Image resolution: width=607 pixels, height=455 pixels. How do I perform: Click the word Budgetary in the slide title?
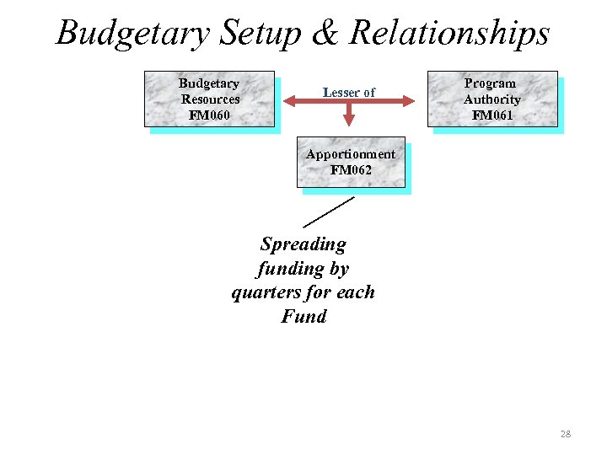pos(133,35)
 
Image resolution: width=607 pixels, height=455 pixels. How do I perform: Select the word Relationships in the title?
pos(449,35)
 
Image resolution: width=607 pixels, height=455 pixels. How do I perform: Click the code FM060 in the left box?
pos(209,115)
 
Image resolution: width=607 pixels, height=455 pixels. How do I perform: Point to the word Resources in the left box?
pos(210,99)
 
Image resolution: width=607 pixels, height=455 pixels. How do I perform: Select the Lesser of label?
pos(348,92)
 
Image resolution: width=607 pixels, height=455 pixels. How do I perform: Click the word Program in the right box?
pos(490,83)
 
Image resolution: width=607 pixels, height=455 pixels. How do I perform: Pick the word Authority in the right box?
pos(492,99)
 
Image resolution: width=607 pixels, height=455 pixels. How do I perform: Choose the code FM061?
pos(492,115)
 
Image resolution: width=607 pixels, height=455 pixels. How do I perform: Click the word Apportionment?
pos(350,154)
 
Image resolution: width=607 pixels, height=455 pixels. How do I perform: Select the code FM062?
pos(351,169)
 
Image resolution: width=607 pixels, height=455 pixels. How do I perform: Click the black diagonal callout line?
pos(329,211)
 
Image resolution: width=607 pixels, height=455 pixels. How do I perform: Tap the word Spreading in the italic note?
pos(303,244)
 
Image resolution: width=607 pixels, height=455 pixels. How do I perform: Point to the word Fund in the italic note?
pos(303,317)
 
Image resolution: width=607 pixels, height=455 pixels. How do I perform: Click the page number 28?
pos(565,434)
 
